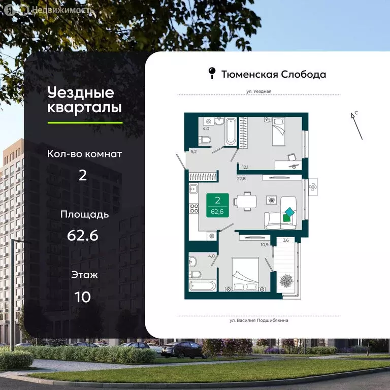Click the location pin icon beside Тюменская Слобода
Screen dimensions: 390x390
[x=212, y=74]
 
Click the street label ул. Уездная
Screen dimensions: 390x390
[x=259, y=91]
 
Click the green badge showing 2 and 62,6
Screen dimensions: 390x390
[x=217, y=206]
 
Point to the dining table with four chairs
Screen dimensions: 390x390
[x=247, y=201]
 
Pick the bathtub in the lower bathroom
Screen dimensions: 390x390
[x=203, y=284]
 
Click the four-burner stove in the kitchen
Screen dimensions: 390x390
[x=193, y=209]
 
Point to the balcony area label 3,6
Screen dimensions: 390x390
[x=285, y=241]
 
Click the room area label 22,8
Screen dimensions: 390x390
[x=242, y=178]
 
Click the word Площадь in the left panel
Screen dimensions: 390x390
[x=85, y=214]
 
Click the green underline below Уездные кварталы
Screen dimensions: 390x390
[x=85, y=122]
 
